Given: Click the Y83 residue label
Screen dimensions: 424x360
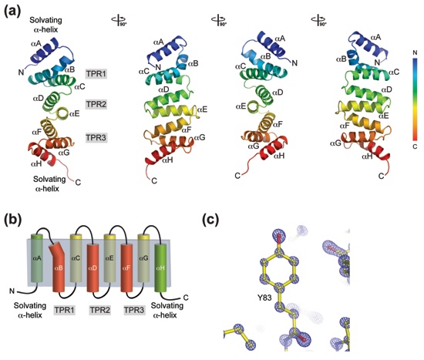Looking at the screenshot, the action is coord(264,298).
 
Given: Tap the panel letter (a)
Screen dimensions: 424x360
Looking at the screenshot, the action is coord(12,11).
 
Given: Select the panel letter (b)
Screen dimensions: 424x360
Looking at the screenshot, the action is coord(12,220).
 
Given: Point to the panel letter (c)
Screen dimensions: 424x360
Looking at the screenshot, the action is coord(210,220).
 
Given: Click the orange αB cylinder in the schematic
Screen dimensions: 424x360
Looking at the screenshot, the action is coord(59,267).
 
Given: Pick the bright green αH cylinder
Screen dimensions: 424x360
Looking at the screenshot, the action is coord(160,267).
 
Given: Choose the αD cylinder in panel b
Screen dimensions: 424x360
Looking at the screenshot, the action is coord(93,267).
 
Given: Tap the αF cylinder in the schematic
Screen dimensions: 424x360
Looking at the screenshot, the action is coord(126,267).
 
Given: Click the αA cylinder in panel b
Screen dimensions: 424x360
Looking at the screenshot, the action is coord(37,258).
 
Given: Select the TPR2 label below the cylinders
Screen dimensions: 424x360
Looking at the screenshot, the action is coord(99,310).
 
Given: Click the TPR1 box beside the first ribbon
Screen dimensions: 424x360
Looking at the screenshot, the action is coord(96,74).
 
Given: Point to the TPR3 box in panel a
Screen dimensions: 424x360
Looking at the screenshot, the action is coord(96,138).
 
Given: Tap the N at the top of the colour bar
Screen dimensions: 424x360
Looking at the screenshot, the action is coord(415,52).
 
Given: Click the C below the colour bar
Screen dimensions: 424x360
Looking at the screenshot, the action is coord(415,146).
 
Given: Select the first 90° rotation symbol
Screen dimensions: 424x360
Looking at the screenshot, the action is coord(119,21).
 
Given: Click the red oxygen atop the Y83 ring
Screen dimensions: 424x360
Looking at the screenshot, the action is coord(279,238).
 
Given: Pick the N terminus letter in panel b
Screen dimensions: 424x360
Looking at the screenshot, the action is coord(12,291).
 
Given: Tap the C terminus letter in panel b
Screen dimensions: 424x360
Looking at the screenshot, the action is coord(186,298).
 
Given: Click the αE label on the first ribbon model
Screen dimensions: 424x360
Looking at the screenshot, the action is coord(75,114).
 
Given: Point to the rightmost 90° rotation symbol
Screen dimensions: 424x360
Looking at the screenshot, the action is coord(319,21).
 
